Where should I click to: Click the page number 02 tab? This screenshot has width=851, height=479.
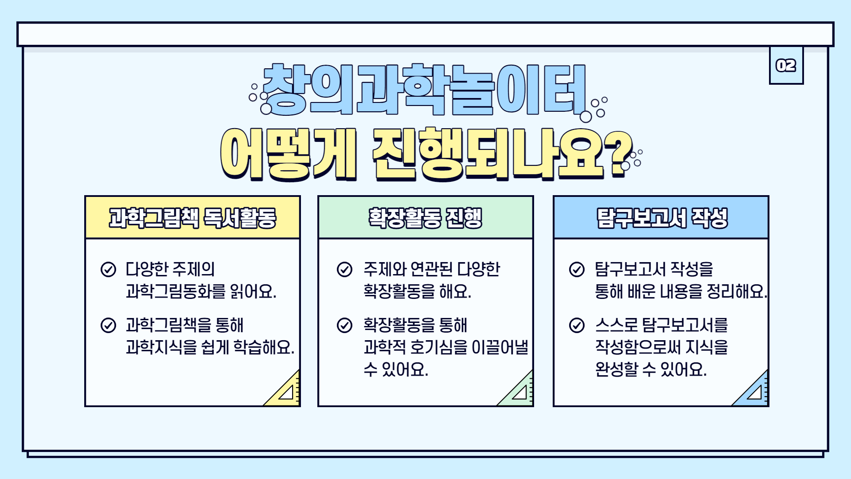(786, 66)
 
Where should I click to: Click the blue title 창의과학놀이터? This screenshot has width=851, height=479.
(425, 90)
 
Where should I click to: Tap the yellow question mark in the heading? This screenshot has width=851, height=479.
(620, 153)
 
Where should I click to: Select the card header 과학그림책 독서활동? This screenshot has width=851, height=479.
(193, 218)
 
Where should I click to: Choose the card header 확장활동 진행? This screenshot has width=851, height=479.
(425, 218)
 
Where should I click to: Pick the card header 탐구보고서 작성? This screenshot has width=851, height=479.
(662, 218)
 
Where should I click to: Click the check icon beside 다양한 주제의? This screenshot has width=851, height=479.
(108, 269)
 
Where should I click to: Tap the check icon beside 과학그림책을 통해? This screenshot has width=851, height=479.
(108, 325)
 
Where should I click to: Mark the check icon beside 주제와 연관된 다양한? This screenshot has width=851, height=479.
(344, 269)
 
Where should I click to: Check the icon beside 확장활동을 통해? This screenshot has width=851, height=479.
(344, 325)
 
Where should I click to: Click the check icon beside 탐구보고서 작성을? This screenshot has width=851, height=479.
(577, 269)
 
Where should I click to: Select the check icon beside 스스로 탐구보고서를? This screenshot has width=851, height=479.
(577, 325)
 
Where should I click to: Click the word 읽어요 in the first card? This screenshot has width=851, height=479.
(253, 291)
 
